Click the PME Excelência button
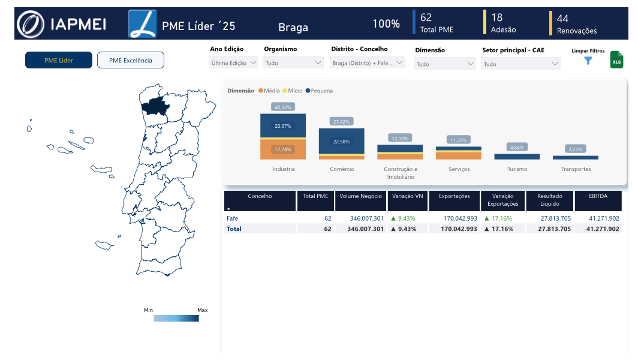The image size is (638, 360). (131, 60)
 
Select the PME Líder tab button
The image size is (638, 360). (59, 60)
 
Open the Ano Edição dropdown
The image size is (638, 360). (233, 63)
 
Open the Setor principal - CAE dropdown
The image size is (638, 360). (521, 64)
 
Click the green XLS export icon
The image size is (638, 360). (616, 60)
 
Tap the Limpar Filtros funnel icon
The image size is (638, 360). (588, 61)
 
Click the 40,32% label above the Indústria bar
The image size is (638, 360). (283, 107)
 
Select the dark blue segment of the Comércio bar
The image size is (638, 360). (341, 141)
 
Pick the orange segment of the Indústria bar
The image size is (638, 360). (283, 149)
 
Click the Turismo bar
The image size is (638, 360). (517, 157)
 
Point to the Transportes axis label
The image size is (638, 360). (576, 169)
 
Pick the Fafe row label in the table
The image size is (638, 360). (232, 218)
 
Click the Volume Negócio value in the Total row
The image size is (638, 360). (365, 229)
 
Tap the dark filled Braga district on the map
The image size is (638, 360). (155, 106)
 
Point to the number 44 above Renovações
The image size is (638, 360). (562, 19)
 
